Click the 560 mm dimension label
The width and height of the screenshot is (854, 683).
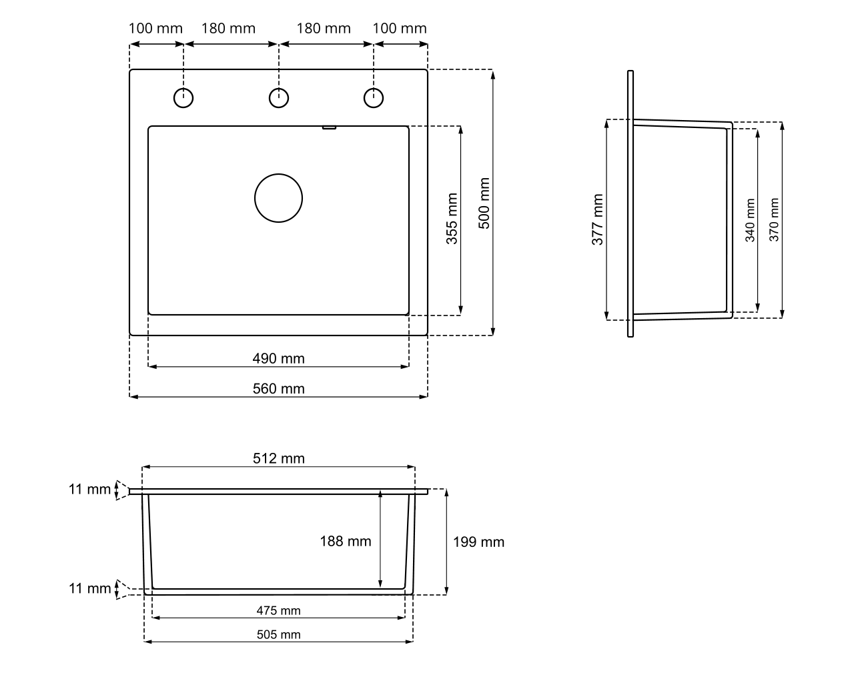click(279, 389)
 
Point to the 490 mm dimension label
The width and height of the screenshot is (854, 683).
click(279, 358)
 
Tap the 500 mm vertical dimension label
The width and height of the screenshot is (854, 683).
click(484, 203)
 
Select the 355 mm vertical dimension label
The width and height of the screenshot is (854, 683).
click(452, 219)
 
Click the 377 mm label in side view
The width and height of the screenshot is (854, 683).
click(598, 219)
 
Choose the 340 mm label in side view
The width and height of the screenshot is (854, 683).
click(750, 220)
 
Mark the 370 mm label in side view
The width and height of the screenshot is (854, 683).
click(774, 220)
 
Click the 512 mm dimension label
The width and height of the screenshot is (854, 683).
click(279, 458)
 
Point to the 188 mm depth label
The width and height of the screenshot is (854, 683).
click(346, 542)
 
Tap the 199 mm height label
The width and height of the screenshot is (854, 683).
click(478, 542)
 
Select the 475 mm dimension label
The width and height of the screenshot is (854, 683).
click(279, 610)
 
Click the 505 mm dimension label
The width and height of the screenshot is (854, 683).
click(279, 634)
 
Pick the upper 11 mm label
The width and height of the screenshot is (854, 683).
click(89, 490)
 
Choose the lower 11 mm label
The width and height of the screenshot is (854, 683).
click(89, 588)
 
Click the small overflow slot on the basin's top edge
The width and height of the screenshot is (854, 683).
click(329, 127)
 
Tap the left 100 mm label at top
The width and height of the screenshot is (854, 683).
click(155, 28)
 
